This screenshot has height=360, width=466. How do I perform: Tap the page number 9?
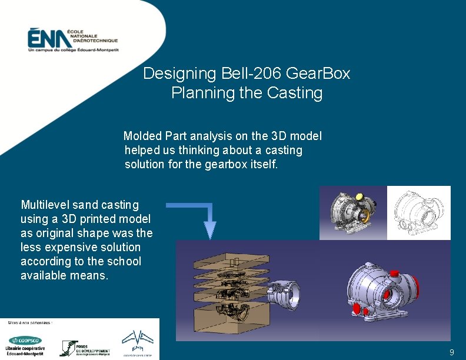click(x=451, y=352)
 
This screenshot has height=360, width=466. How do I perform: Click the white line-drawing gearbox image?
click(x=419, y=213)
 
